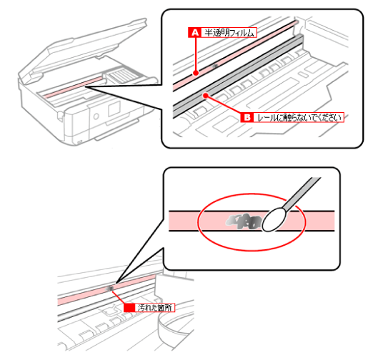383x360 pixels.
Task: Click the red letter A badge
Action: [x=194, y=32]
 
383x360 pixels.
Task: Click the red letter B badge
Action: [x=247, y=117]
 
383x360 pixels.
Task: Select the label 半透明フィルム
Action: [x=229, y=32]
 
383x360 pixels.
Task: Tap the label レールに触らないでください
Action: [x=299, y=117]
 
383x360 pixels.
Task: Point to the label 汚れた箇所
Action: [x=155, y=307]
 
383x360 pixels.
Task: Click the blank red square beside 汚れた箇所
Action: [x=129, y=307]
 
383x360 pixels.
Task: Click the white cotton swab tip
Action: [x=274, y=219]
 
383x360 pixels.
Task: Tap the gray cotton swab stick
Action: [x=302, y=194]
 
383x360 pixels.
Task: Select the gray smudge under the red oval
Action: [x=243, y=221]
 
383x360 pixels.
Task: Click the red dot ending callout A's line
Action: [x=196, y=73]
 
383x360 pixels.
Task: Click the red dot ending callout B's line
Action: [x=206, y=96]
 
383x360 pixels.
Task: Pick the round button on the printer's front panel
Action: [x=96, y=116]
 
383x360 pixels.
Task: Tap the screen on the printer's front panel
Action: [x=114, y=109]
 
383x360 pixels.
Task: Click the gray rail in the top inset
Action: [x=238, y=75]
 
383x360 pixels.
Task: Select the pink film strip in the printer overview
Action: [x=74, y=87]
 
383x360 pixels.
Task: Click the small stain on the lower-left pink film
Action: [x=109, y=289]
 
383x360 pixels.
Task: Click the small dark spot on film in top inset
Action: [x=215, y=66]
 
